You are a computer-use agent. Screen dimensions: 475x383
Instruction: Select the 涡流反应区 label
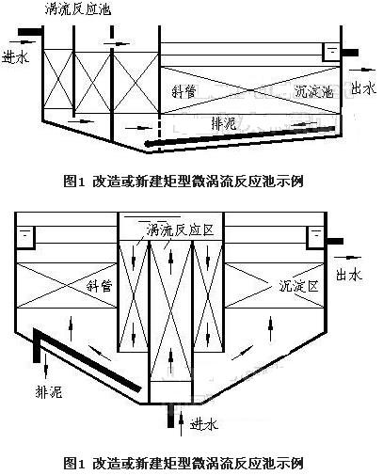(x=173, y=230)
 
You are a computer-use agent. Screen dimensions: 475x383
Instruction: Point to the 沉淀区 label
(x=300, y=284)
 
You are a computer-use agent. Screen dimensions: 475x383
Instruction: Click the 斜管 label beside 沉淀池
(x=186, y=92)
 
